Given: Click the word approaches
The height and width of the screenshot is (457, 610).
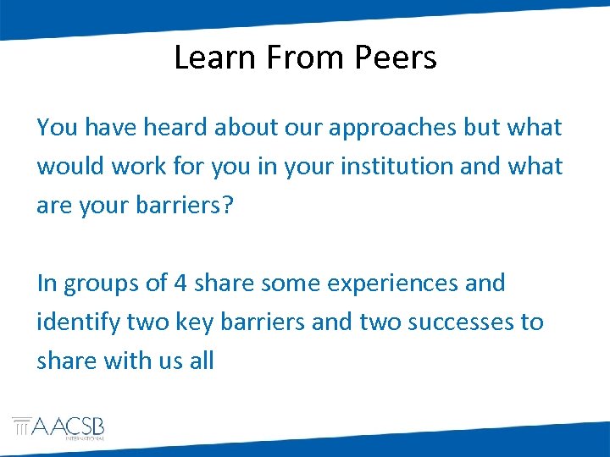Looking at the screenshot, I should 385,129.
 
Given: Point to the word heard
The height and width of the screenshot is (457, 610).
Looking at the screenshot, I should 175,128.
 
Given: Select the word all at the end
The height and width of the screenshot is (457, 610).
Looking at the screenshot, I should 202,361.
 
